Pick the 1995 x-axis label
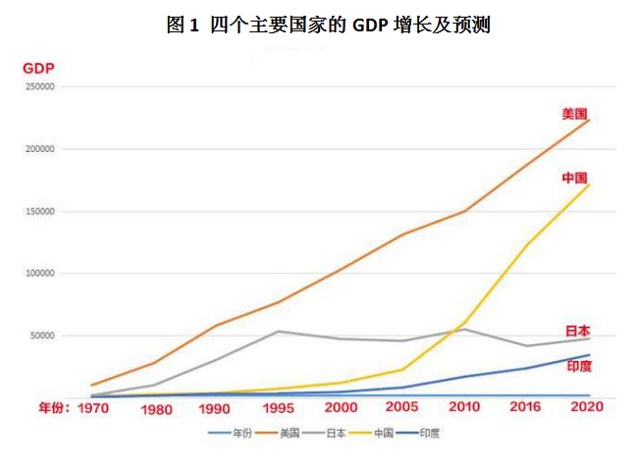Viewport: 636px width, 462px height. point(279,407)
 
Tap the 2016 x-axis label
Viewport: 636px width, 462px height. point(526,407)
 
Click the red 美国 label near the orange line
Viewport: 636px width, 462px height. point(575,114)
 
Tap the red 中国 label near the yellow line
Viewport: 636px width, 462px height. point(575,178)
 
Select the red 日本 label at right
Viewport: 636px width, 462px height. point(578,331)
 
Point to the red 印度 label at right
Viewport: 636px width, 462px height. point(580,365)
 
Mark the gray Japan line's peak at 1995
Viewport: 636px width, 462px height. point(279,332)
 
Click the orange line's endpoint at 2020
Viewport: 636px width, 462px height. point(588,120)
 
